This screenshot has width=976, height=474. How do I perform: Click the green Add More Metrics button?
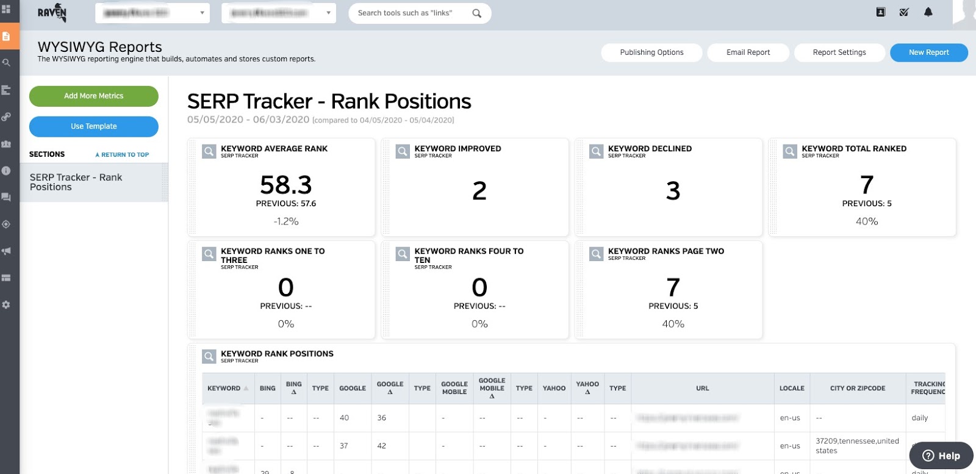tap(93, 96)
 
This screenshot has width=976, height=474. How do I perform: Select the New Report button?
tap(928, 52)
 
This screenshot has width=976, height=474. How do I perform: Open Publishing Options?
tap(651, 52)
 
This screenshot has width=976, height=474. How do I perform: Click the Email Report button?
tap(748, 52)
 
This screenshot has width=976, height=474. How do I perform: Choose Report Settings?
tap(839, 52)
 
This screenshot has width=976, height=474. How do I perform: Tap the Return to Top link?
tap(122, 155)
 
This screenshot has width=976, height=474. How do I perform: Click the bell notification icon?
tap(928, 12)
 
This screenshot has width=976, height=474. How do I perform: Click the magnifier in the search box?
tap(477, 13)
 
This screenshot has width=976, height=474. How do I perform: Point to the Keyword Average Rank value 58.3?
tap(285, 185)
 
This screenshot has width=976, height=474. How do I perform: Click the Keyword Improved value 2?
tap(479, 191)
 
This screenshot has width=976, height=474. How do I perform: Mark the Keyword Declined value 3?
tap(673, 191)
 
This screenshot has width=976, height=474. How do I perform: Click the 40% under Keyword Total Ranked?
tap(866, 221)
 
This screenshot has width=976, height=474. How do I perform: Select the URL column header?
tap(702, 388)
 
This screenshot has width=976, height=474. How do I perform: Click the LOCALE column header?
tap(792, 388)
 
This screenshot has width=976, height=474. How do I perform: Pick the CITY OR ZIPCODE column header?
tap(857, 388)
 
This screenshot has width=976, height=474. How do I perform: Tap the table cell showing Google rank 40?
tap(345, 418)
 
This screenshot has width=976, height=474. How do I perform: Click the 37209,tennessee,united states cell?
tap(857, 446)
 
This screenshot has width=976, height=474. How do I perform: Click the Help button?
tap(941, 456)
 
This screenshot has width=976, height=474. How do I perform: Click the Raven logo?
tap(52, 13)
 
